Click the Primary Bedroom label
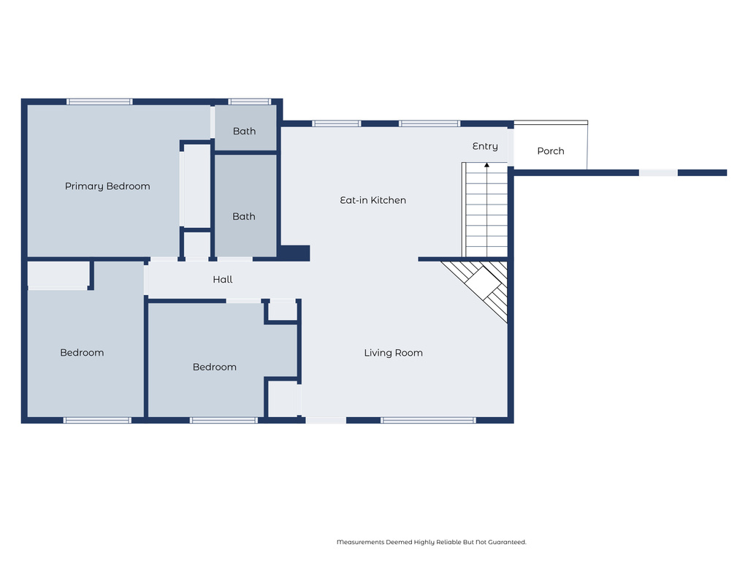[107, 186]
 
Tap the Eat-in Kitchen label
[373, 200]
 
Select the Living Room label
[393, 353]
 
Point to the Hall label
[223, 279]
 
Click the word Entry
[485, 146]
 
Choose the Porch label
[551, 150]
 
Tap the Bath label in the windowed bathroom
[244, 131]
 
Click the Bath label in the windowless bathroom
[244, 216]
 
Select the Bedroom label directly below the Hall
[215, 367]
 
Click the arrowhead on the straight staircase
[486, 165]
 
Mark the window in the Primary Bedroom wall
[99, 102]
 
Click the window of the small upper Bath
[250, 102]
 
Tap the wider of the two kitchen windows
[430, 123]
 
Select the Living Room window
[428, 420]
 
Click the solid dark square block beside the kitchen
[294, 253]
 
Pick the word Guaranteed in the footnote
[507, 542]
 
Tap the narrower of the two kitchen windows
[336, 123]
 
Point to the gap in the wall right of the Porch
[658, 172]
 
